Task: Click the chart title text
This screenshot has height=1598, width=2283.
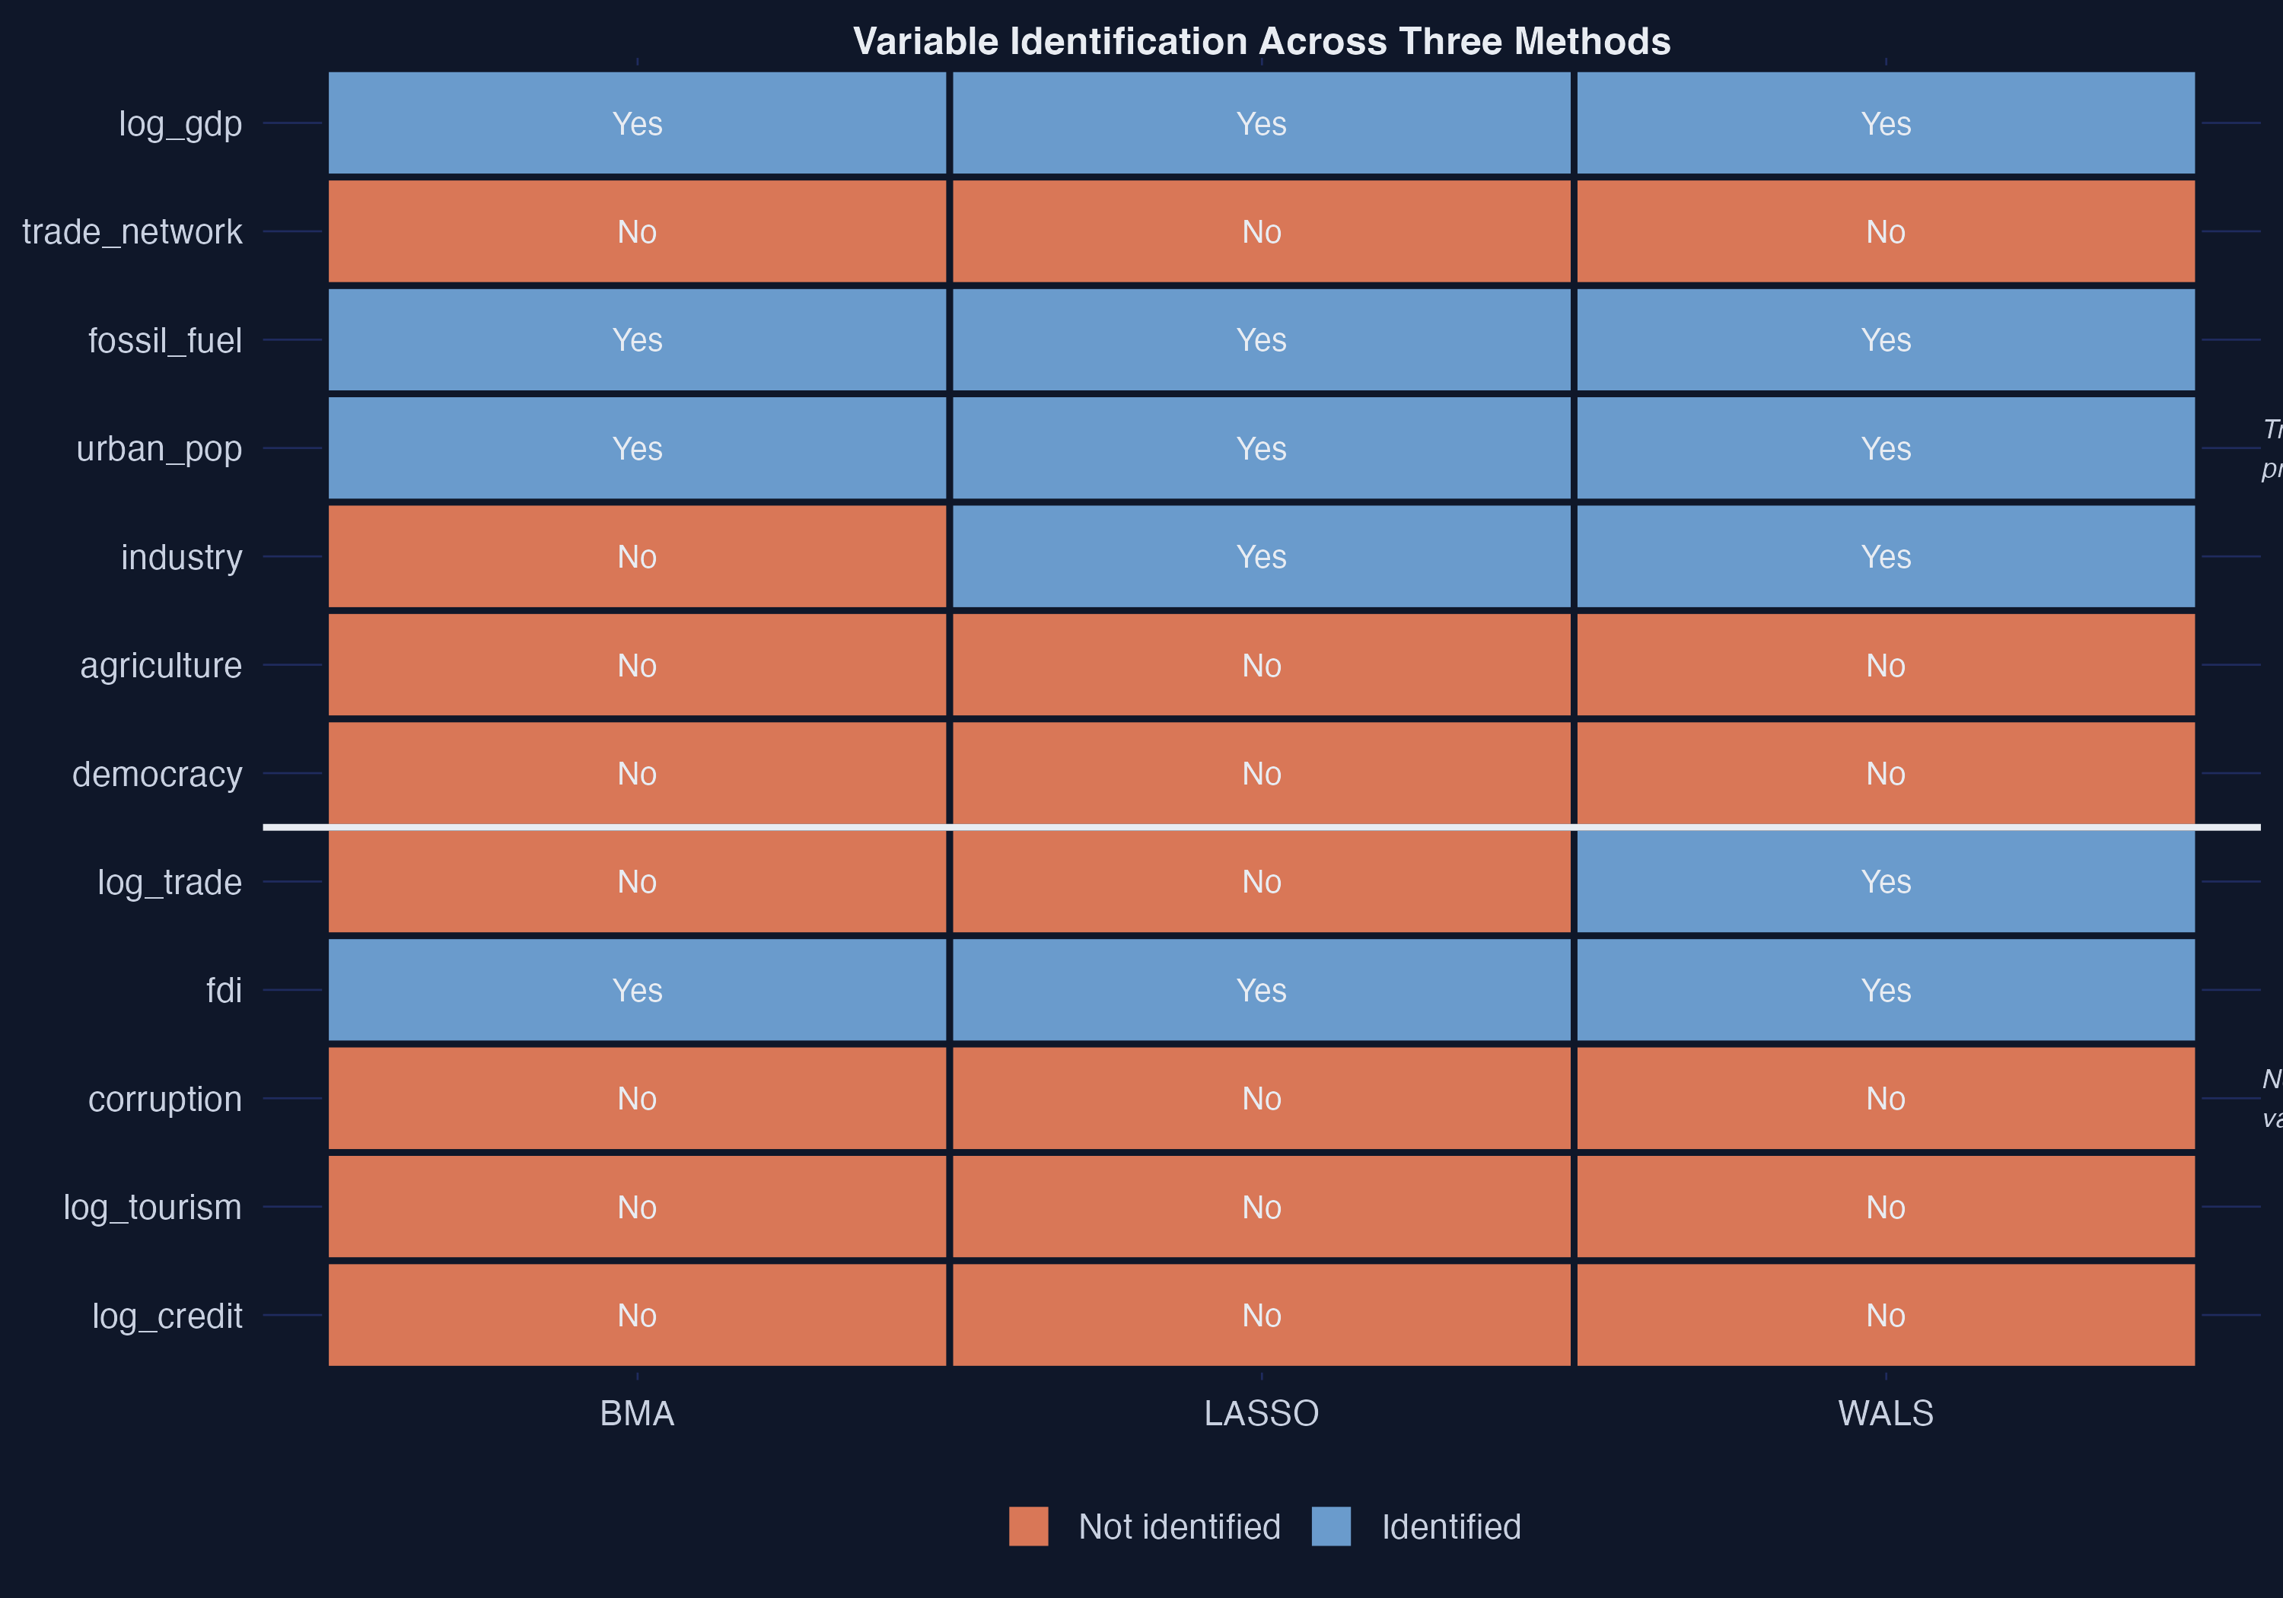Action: tap(1261, 42)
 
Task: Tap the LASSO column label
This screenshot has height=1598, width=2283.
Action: tap(1261, 1413)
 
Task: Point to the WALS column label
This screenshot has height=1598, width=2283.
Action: tap(1885, 1413)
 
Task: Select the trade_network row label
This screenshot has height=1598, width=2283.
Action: tap(132, 231)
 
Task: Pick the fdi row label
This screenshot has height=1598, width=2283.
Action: tap(224, 991)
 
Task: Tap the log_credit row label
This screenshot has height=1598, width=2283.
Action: tap(167, 1316)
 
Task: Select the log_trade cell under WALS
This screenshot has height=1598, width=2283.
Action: tap(1885, 882)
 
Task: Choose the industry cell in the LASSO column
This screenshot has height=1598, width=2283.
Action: tap(1261, 557)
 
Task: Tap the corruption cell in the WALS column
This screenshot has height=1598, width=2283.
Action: tap(1885, 1099)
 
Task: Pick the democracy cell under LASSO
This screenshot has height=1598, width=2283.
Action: tap(1261, 774)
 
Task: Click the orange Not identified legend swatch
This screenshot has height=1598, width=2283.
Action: tap(1028, 1526)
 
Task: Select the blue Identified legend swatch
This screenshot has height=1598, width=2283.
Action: tap(1330, 1526)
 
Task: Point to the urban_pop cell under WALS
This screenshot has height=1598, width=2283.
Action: tap(1885, 448)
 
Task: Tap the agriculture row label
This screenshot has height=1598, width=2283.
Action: tap(161, 665)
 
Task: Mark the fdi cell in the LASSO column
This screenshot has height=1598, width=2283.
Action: tap(1261, 991)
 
